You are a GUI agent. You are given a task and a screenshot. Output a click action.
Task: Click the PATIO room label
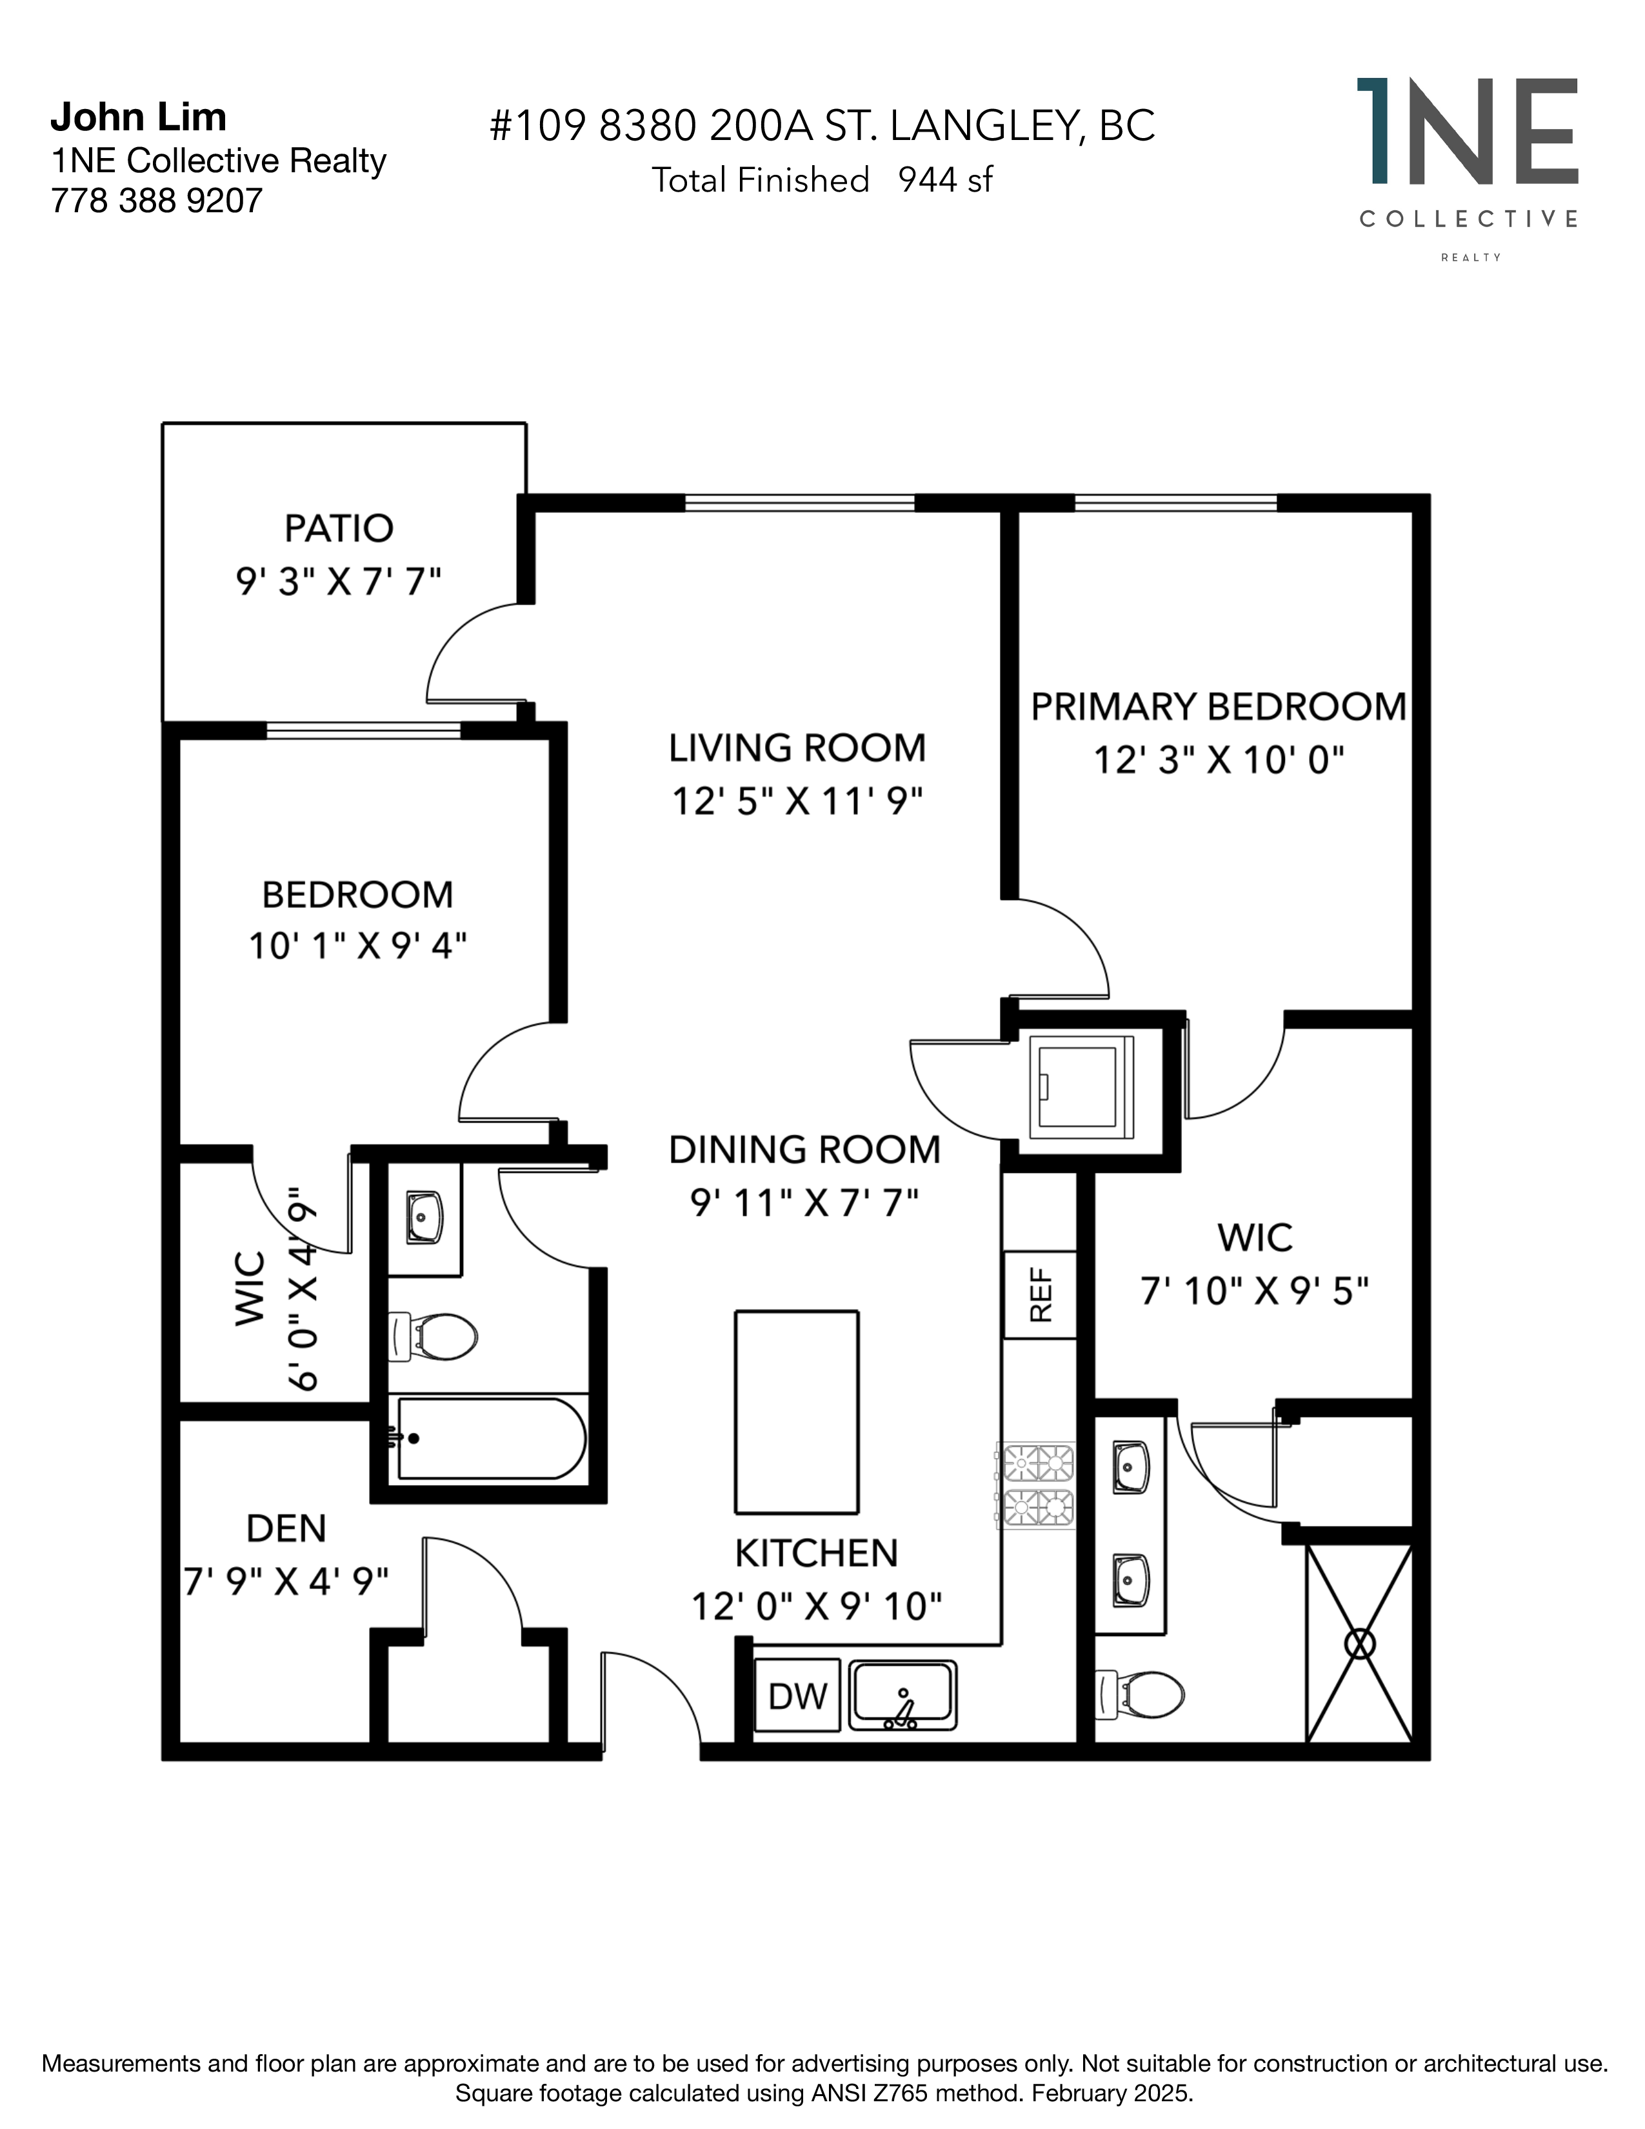pos(338,528)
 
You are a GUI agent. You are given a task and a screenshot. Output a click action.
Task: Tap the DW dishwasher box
pos(797,1696)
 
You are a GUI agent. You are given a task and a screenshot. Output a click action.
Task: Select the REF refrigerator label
pos(1041,1295)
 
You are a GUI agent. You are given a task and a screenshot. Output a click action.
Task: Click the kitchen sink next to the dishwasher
pos(903,1696)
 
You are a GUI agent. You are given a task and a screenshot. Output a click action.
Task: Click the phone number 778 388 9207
pos(157,201)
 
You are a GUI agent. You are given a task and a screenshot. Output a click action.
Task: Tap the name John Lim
pos(139,117)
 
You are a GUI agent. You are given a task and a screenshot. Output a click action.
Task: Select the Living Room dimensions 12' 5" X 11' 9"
pos(797,801)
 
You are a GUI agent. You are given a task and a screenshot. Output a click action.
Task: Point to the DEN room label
pos(286,1528)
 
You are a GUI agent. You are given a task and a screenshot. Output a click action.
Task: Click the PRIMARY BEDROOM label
pos(1218,706)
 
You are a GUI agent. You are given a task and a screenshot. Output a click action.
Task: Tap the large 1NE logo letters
pos(1468,132)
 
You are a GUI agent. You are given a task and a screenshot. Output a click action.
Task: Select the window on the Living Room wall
pos(799,503)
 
